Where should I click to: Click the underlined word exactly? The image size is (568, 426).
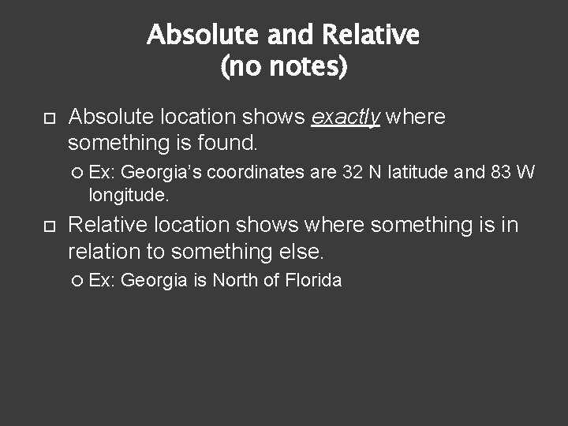tap(346, 118)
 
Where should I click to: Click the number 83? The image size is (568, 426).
tap(501, 172)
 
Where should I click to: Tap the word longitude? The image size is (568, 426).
tap(129, 194)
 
